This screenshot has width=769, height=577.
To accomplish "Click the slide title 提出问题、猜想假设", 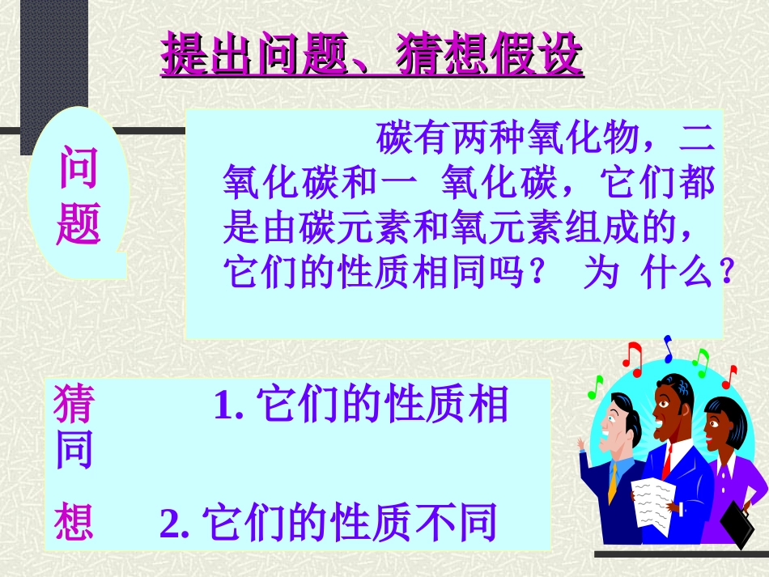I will (372, 56).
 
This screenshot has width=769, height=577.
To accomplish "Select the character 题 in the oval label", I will (79, 223).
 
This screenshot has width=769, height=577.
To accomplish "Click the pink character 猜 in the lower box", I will (74, 404).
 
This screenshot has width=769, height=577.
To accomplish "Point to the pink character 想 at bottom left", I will (74, 524).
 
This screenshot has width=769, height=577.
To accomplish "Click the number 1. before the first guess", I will (229, 405).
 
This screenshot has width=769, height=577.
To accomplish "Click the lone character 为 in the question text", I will (600, 274).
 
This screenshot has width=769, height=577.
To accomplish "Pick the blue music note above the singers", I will (668, 348).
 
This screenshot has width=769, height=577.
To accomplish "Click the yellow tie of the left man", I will (614, 482).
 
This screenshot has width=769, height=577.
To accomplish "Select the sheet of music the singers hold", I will (653, 502).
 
